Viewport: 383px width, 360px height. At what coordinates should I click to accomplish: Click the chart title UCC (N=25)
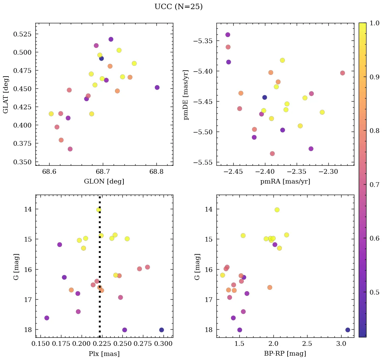pyautogui.click(x=178, y=7)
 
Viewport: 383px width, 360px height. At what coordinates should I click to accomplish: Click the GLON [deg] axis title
pyautogui.click(x=104, y=182)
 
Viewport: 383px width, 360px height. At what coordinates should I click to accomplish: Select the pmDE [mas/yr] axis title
pyautogui.click(x=186, y=95)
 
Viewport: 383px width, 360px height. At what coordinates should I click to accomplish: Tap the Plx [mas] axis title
pyautogui.click(x=104, y=354)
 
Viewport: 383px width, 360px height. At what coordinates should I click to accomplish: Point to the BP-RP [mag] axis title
pyautogui.click(x=285, y=354)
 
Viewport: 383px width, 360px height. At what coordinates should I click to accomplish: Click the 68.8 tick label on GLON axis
pyautogui.click(x=156, y=172)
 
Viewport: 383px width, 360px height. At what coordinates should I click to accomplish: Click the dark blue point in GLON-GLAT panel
pyautogui.click(x=101, y=58)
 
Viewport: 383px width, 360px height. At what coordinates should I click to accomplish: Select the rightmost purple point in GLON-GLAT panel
pyautogui.click(x=157, y=87)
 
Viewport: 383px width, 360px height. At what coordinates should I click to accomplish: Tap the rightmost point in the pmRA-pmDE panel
pyautogui.click(x=343, y=73)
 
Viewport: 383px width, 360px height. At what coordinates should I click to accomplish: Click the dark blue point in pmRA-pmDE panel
pyautogui.click(x=265, y=98)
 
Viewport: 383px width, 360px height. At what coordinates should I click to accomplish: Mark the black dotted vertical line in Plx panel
pyautogui.click(x=99, y=263)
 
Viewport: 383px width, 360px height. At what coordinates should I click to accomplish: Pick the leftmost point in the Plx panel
pyautogui.click(x=47, y=318)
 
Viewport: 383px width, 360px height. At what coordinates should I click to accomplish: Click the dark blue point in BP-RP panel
pyautogui.click(x=348, y=330)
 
